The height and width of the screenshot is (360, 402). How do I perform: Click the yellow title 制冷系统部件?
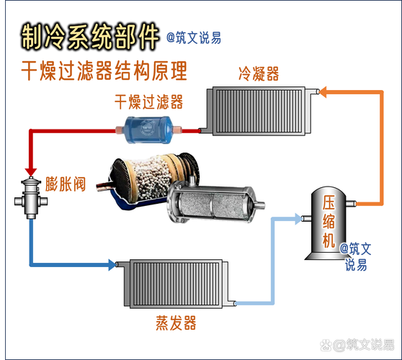[x=90, y=37]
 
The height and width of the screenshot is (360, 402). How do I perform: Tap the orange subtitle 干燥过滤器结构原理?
[x=104, y=71]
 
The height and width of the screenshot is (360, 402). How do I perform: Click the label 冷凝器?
[x=259, y=73]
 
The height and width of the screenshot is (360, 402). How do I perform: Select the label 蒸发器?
[x=176, y=323]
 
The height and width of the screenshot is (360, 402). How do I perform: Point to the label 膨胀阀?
[x=65, y=184]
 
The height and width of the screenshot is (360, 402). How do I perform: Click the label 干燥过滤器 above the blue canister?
[x=148, y=102]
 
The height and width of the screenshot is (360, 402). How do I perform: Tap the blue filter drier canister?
[x=148, y=130]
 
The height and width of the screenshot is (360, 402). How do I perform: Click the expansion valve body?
[x=31, y=198]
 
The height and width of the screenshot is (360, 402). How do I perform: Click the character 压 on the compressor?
[x=329, y=203]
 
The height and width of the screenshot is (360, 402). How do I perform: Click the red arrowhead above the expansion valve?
[x=31, y=172]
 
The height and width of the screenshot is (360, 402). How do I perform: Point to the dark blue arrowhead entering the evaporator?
[x=112, y=265]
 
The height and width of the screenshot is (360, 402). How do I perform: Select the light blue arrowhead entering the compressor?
[x=298, y=219]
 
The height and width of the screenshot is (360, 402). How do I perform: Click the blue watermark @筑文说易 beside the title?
[x=194, y=38]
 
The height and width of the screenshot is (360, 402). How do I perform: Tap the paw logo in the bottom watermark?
[x=326, y=345]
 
